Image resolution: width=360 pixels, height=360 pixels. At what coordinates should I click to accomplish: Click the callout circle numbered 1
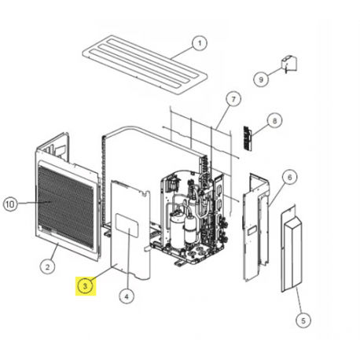pyautogui.click(x=199, y=43)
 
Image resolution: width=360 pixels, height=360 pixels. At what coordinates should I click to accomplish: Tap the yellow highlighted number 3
pyautogui.click(x=86, y=286)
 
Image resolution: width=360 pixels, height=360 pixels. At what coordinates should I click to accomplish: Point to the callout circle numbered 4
pyautogui.click(x=126, y=296)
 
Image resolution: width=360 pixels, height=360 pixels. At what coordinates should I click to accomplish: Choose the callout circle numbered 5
pyautogui.click(x=299, y=320)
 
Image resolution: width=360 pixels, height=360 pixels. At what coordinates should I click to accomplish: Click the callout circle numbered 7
pyautogui.click(x=232, y=99)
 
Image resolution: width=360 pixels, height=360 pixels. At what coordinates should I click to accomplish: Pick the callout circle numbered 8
pyautogui.click(x=274, y=120)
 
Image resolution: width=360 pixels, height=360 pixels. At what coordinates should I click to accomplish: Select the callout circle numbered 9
pyautogui.click(x=260, y=78)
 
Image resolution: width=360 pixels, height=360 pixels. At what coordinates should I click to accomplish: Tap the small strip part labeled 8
pyautogui.click(x=250, y=138)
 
